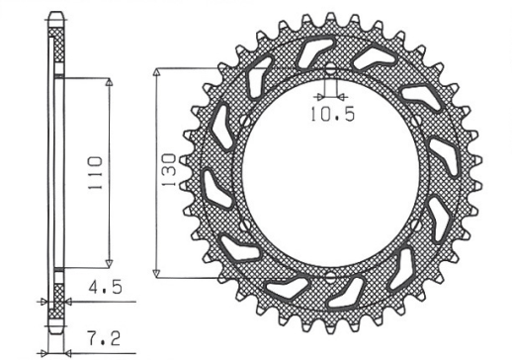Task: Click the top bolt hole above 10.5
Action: [329, 68]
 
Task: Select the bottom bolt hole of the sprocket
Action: [329, 276]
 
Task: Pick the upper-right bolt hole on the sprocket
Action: [419, 121]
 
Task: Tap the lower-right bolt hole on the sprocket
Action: [419, 225]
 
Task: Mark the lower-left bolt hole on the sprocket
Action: [239, 225]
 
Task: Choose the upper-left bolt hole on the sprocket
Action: [239, 121]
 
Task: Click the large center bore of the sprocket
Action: [329, 173]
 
